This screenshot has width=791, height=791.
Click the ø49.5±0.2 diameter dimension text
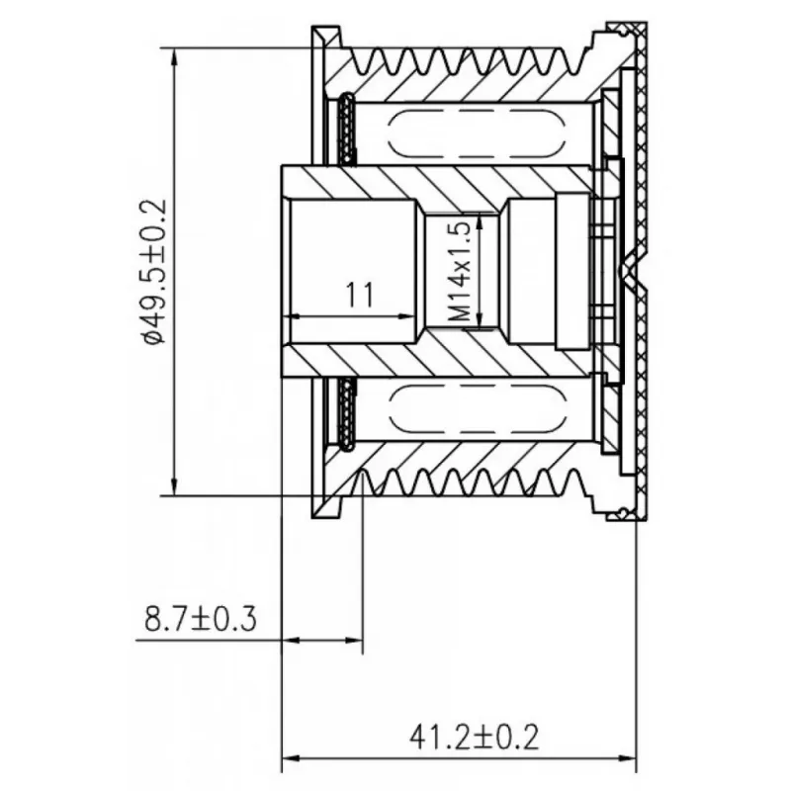pyautogui.click(x=155, y=272)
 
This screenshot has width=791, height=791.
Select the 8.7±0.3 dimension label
pyautogui.click(x=201, y=619)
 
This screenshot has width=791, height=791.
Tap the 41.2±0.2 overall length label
pyautogui.click(x=474, y=737)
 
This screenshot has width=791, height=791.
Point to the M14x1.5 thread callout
pyautogui.click(x=460, y=273)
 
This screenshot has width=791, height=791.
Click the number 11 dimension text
pyautogui.click(x=360, y=295)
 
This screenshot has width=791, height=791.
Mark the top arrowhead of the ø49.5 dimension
pyautogui.click(x=175, y=57)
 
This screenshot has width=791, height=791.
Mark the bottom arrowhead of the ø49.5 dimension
pyautogui.click(x=175, y=486)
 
